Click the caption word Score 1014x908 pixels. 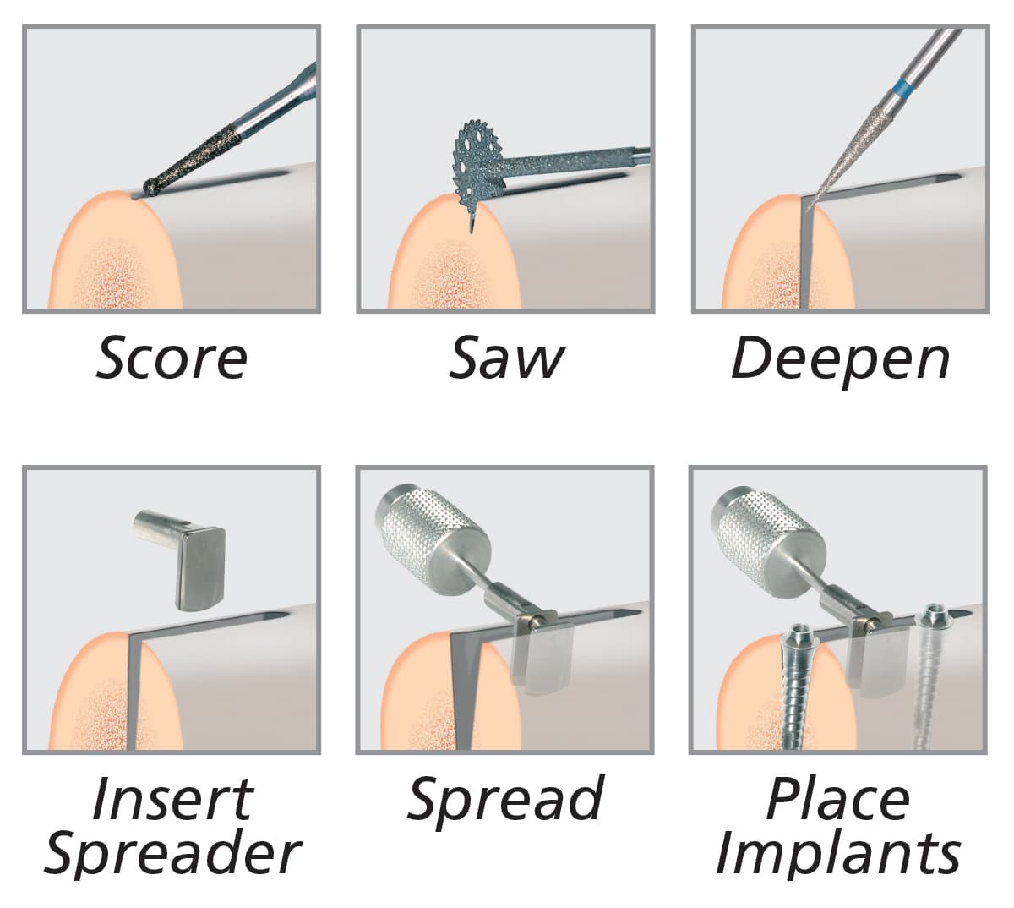coord(172,358)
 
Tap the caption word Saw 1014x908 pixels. coord(505,358)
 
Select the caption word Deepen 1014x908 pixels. coord(840,359)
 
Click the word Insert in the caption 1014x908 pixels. coord(172,798)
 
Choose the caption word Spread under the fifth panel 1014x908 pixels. coord(505,798)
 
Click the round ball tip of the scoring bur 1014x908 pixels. coord(153,187)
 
